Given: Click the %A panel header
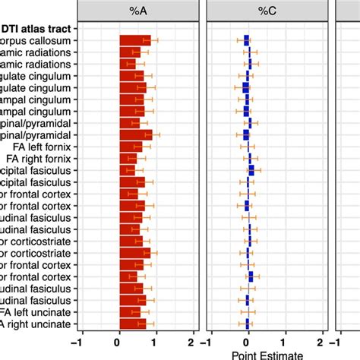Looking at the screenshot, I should tap(139, 11).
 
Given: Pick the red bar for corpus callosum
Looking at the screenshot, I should tap(135, 40).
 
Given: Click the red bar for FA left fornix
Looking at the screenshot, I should tap(131, 147).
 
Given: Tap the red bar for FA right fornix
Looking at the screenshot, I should tap(128, 159).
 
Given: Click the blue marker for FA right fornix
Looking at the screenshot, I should tap(250, 159).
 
